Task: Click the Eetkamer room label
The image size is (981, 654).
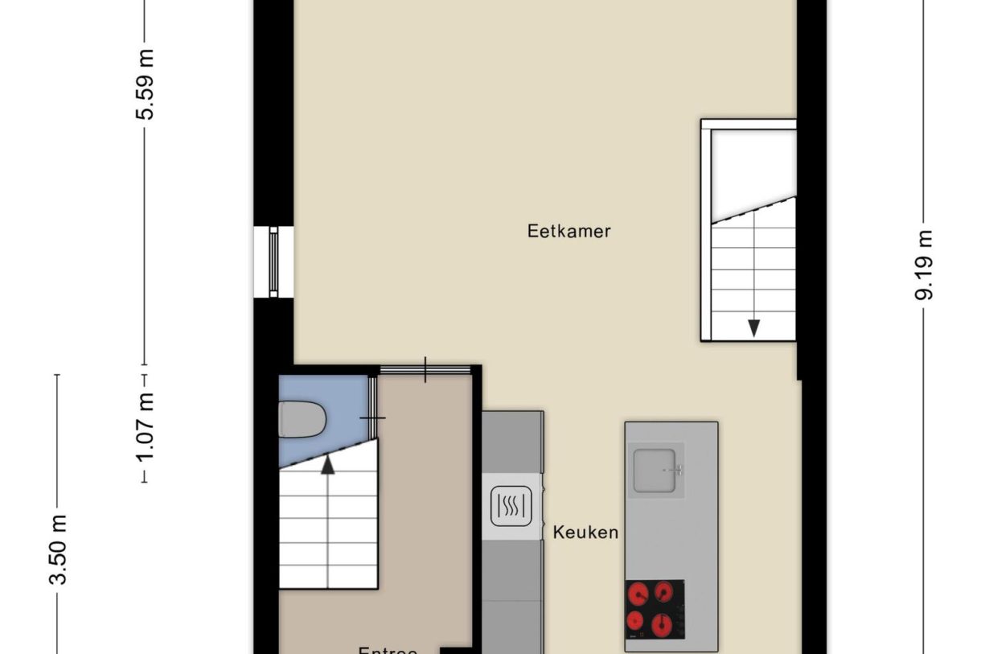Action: pyautogui.click(x=568, y=232)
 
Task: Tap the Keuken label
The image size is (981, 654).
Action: pyautogui.click(x=585, y=532)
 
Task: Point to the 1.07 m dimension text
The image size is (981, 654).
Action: pyautogui.click(x=146, y=426)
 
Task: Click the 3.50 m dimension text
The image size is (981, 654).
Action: pyautogui.click(x=58, y=551)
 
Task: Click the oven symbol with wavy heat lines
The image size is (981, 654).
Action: pyautogui.click(x=511, y=506)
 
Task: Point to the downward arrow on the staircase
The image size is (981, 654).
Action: pyautogui.click(x=753, y=327)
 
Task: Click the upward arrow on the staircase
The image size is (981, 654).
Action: pyautogui.click(x=327, y=464)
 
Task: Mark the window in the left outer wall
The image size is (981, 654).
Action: pyautogui.click(x=273, y=261)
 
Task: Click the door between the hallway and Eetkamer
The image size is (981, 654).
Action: pyautogui.click(x=425, y=369)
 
